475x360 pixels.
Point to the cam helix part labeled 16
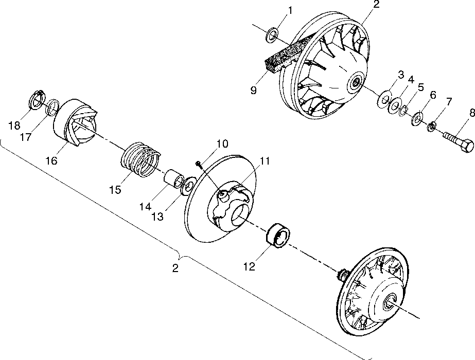(75, 124)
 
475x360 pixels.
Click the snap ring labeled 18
(37, 100)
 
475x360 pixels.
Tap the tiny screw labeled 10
(199, 164)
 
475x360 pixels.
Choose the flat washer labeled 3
(384, 99)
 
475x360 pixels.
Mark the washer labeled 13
(188, 184)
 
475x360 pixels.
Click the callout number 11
(265, 161)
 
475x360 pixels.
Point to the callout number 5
(421, 88)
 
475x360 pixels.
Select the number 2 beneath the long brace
(175, 268)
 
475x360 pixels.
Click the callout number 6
(433, 95)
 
